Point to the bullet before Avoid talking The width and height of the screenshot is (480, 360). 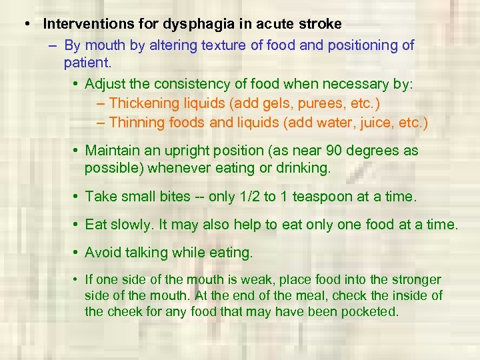(76, 253)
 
